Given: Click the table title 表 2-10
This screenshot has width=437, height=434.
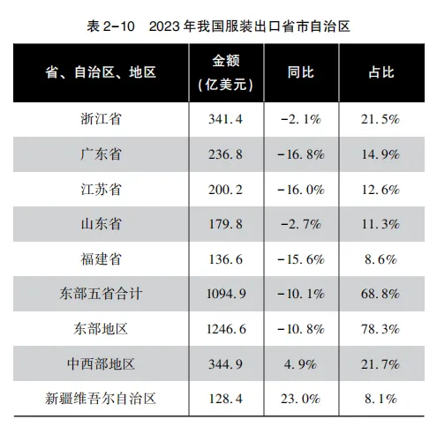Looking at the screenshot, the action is (110, 26).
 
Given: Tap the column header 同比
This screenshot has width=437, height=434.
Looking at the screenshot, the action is (301, 72).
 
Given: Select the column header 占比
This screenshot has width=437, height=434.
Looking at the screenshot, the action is (381, 72).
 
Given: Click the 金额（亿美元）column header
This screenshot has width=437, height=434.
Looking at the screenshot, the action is (226, 73).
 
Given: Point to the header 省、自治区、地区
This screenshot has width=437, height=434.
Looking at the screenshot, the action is (101, 72).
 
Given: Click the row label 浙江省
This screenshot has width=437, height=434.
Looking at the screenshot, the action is (101, 119).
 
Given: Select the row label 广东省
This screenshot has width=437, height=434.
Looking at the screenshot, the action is (101, 154).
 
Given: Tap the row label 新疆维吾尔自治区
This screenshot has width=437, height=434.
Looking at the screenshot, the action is (101, 399).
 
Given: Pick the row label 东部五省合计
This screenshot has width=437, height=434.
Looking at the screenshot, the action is (101, 294).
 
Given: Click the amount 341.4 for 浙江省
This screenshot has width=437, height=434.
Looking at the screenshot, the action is (226, 119).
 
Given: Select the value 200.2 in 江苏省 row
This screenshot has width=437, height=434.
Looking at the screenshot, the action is (226, 190).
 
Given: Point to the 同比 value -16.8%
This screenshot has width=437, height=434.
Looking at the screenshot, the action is (301, 154).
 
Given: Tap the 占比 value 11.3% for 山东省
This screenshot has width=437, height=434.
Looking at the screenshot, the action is (380, 224).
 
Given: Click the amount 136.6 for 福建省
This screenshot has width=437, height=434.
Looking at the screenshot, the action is (226, 259).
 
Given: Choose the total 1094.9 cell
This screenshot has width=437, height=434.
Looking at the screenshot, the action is (226, 294).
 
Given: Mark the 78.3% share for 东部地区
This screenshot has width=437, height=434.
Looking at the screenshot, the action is (380, 329).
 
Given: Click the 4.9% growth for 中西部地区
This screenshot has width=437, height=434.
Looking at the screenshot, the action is (301, 364).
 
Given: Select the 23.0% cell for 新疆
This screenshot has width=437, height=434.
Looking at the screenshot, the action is (301, 399).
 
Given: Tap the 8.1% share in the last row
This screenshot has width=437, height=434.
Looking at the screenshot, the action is (380, 399).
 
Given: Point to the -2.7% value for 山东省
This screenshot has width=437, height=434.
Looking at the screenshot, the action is (301, 224).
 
